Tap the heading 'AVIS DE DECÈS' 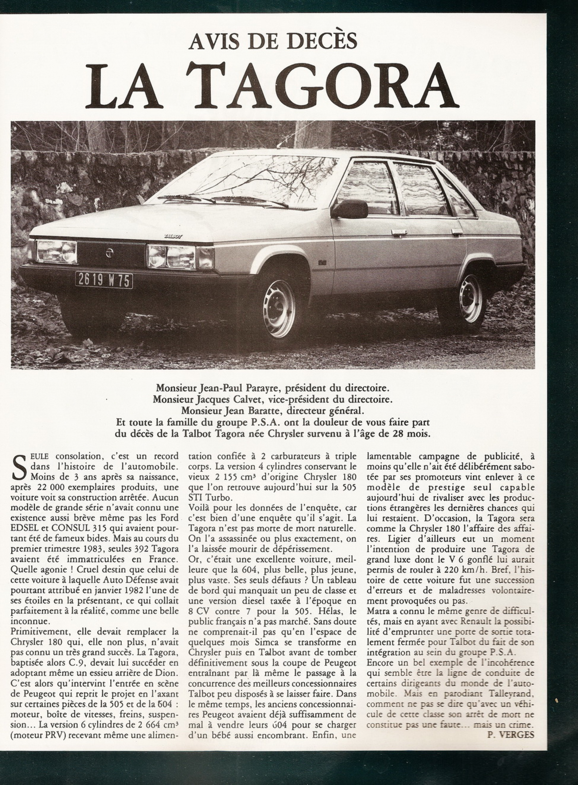click(x=273, y=40)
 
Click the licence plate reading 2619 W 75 click(x=104, y=280)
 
